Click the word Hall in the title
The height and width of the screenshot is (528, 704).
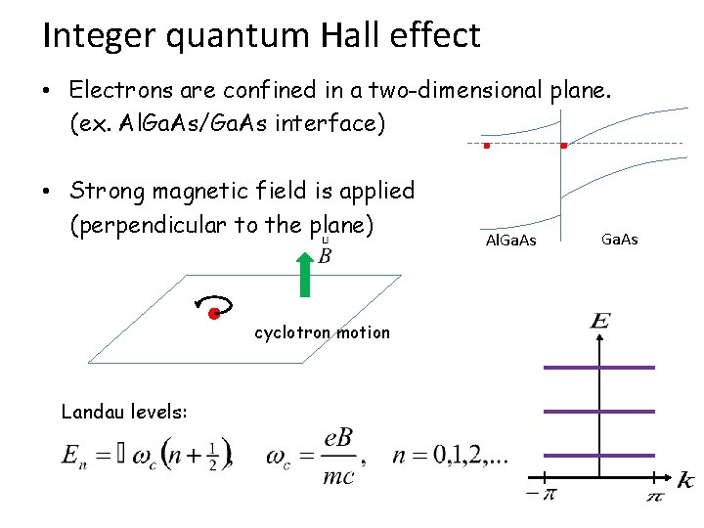tap(352, 36)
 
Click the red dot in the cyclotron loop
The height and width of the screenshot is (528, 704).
tap(212, 314)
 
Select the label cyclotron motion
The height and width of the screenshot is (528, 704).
tap(322, 332)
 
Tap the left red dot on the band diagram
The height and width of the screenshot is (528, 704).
tap(486, 146)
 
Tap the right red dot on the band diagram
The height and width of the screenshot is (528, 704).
tap(564, 146)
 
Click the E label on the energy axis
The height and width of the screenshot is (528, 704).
tap(600, 322)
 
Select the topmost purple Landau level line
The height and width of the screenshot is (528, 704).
tap(598, 368)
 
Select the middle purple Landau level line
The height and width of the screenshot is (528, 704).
tap(598, 412)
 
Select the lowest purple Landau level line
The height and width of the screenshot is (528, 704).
tap(598, 456)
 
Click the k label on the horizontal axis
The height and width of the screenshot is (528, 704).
tap(686, 480)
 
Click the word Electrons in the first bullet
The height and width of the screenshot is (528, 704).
tap(123, 90)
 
